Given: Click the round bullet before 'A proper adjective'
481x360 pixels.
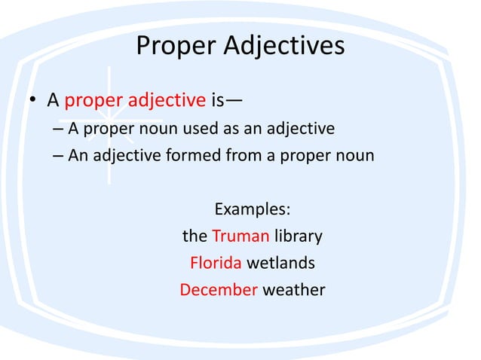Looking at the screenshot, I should [33, 100].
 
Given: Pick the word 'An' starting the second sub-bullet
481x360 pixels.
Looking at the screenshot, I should [79, 156].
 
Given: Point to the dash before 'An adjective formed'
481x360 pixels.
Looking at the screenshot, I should [59, 157].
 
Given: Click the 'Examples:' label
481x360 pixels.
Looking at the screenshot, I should [253, 209].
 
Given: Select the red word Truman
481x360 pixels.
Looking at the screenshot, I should [240, 236].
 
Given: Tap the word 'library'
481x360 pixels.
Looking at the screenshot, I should [299, 236].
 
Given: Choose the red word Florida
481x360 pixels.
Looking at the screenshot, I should [216, 263].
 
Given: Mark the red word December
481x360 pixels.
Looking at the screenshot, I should [219, 289].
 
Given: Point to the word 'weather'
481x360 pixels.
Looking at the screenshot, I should [294, 289].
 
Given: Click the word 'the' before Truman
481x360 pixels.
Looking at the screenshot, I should [195, 236].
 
